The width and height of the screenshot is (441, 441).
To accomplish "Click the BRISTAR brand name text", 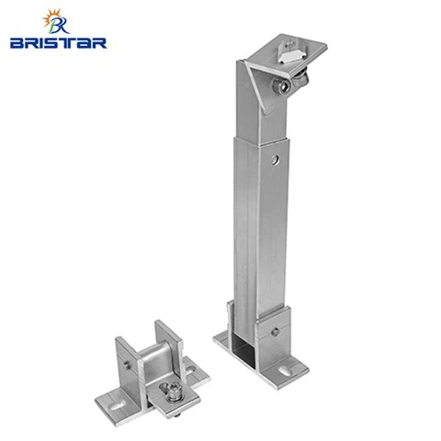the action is click(58, 43).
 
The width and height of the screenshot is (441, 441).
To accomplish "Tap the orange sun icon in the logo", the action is click(50, 17).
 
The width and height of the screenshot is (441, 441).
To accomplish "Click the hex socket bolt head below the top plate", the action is click(281, 85).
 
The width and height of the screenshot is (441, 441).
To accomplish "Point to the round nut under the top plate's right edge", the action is click(300, 80).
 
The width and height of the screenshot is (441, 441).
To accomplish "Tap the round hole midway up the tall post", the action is click(276, 160).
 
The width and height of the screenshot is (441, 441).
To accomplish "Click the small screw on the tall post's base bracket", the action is click(276, 332).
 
